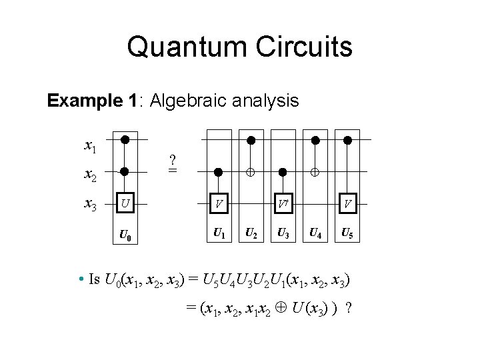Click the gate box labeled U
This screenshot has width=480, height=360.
(x=125, y=201)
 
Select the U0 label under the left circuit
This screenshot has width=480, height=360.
(x=125, y=235)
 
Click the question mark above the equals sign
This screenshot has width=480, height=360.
(x=173, y=160)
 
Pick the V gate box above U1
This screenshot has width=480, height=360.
(x=218, y=201)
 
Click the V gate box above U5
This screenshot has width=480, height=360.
(x=347, y=201)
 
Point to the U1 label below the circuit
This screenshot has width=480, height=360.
(x=218, y=233)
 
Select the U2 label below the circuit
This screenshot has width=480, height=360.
(x=251, y=233)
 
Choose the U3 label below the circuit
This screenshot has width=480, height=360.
(x=283, y=233)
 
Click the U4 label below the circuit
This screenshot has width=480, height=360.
(x=315, y=233)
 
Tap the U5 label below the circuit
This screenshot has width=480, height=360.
(x=347, y=233)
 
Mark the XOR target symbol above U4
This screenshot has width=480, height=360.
(x=315, y=172)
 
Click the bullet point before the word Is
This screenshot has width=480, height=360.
(x=80, y=279)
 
